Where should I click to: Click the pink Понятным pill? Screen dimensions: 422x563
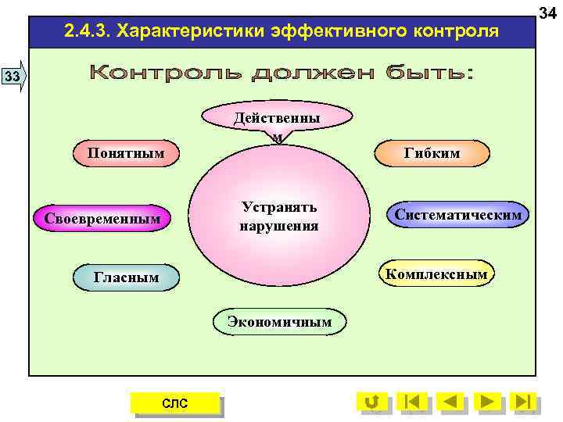126,152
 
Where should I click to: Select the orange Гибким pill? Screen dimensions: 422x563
432,153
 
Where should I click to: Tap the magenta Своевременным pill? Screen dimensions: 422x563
102,218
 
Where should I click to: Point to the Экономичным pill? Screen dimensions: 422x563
278,321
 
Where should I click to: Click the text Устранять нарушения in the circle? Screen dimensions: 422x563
279,216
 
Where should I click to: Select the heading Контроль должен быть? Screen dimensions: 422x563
281,74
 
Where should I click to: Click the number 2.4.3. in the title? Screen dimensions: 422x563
88,31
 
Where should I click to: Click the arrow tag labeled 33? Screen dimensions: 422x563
13,76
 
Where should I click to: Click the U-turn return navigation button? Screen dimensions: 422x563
373,402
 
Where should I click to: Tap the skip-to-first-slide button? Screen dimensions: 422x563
412,402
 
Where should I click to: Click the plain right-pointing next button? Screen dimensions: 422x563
488,402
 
